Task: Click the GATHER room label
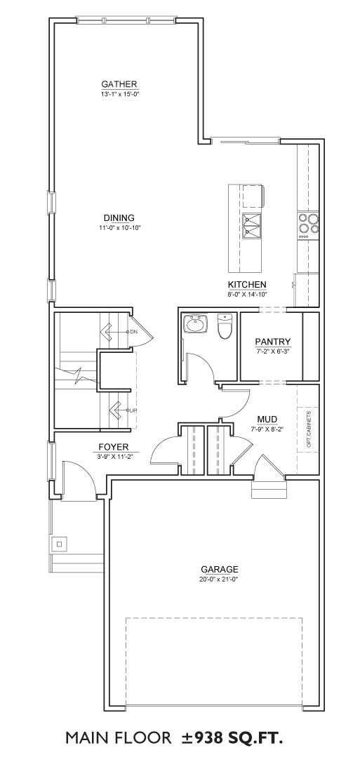(119, 83)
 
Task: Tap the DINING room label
(119, 217)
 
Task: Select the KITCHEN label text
(247, 285)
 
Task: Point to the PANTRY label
(273, 342)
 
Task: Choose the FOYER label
(114, 446)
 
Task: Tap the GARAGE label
(220, 569)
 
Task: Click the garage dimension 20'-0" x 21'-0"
(220, 579)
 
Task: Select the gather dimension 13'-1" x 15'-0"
(119, 93)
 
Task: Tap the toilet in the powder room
(225, 326)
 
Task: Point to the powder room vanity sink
(196, 323)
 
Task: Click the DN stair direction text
(133, 332)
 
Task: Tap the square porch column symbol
(60, 544)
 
